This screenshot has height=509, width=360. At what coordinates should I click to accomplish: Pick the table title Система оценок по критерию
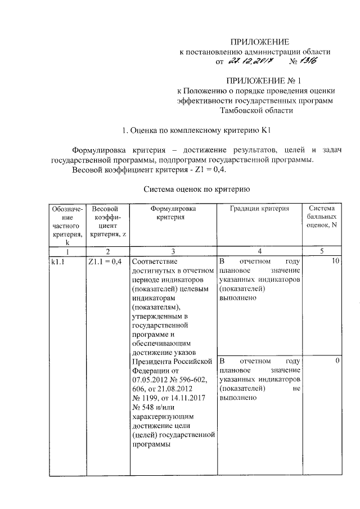click(196, 190)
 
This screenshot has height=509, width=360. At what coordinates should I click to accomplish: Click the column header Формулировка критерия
click(172, 213)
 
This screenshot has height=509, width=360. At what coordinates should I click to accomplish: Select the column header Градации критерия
click(259, 209)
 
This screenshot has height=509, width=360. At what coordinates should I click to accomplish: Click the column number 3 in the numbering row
click(173, 251)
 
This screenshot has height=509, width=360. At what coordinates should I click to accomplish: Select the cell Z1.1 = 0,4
click(105, 262)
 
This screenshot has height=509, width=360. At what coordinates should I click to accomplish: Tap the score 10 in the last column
click(335, 262)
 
